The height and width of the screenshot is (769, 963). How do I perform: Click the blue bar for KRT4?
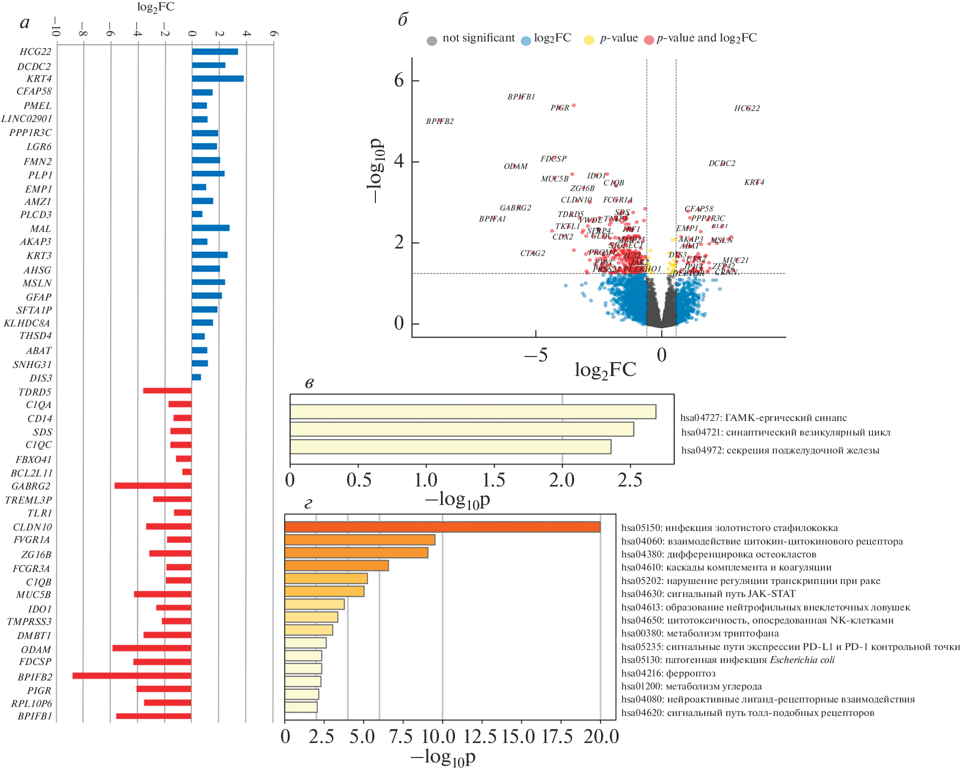(x=218, y=78)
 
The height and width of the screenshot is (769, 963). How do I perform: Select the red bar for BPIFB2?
(x=132, y=676)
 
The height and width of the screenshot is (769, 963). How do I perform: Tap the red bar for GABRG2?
(x=153, y=485)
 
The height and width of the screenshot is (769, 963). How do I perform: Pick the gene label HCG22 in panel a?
(x=36, y=52)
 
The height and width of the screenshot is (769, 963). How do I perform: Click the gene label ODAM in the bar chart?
(x=36, y=649)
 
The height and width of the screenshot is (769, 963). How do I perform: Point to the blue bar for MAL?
(x=211, y=228)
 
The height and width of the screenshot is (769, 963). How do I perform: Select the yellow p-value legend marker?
(x=589, y=40)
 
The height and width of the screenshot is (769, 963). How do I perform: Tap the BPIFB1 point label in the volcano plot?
(x=521, y=97)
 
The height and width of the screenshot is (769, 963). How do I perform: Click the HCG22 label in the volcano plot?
(x=747, y=108)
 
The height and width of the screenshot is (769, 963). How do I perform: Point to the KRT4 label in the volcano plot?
(x=754, y=182)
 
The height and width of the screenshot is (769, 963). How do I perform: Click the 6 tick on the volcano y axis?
(x=399, y=80)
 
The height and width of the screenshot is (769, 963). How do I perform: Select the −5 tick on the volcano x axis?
(x=536, y=355)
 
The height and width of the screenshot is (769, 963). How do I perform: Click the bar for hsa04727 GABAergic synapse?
(x=473, y=411)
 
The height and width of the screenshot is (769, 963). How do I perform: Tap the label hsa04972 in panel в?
(x=780, y=450)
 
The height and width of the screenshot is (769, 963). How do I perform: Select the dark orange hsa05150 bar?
(x=442, y=527)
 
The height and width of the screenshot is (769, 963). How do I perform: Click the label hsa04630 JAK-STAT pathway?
(x=708, y=594)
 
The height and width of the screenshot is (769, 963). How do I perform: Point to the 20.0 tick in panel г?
(x=601, y=736)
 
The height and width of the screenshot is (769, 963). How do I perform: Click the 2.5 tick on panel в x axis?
(x=630, y=480)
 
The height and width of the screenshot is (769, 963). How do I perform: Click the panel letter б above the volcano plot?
(x=403, y=19)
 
